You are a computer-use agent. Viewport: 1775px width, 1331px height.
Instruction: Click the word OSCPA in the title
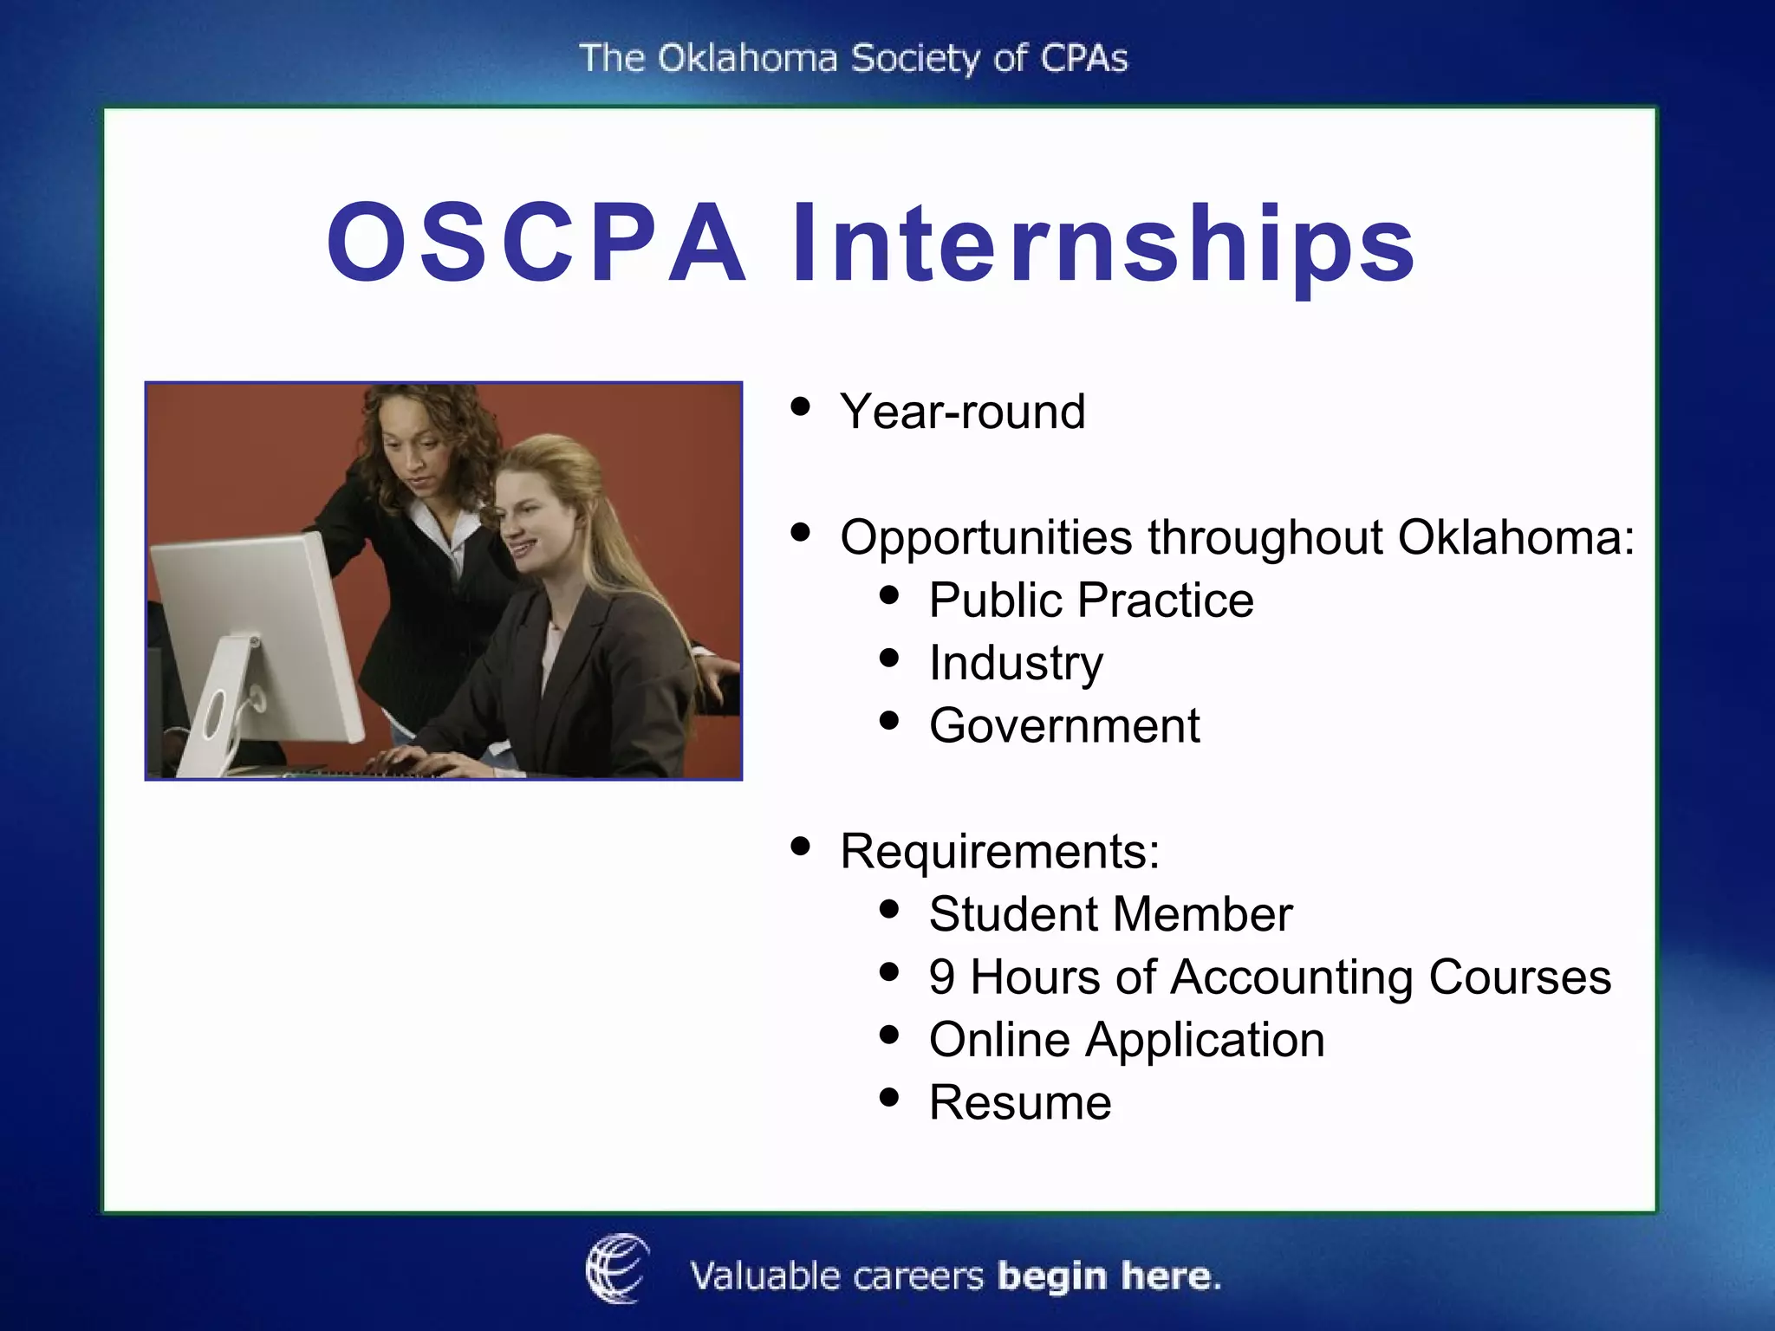click(x=536, y=243)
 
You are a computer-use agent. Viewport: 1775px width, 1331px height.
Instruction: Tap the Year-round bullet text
click(x=962, y=411)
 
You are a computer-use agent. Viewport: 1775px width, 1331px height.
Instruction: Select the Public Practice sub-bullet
click(x=1090, y=600)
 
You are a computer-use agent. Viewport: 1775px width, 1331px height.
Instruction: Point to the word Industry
click(x=1016, y=663)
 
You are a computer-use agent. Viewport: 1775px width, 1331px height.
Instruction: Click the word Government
click(x=1064, y=725)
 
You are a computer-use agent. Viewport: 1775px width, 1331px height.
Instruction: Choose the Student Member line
click(x=1110, y=914)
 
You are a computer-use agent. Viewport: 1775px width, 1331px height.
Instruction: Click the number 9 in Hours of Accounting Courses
click(x=941, y=977)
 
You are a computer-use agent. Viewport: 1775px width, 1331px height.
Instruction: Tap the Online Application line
click(x=1127, y=1039)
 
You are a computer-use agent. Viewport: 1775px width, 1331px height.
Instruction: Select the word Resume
click(x=1020, y=1102)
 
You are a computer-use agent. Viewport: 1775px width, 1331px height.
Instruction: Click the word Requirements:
click(x=999, y=851)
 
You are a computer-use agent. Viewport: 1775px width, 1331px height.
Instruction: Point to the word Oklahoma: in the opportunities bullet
click(x=1515, y=537)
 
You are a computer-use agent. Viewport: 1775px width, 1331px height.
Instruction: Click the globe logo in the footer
click(x=617, y=1269)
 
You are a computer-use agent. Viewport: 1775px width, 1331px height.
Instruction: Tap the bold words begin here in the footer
click(x=1109, y=1276)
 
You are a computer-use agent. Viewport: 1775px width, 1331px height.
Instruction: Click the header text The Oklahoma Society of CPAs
click(x=853, y=59)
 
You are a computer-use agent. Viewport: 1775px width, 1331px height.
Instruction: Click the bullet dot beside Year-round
click(x=801, y=406)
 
